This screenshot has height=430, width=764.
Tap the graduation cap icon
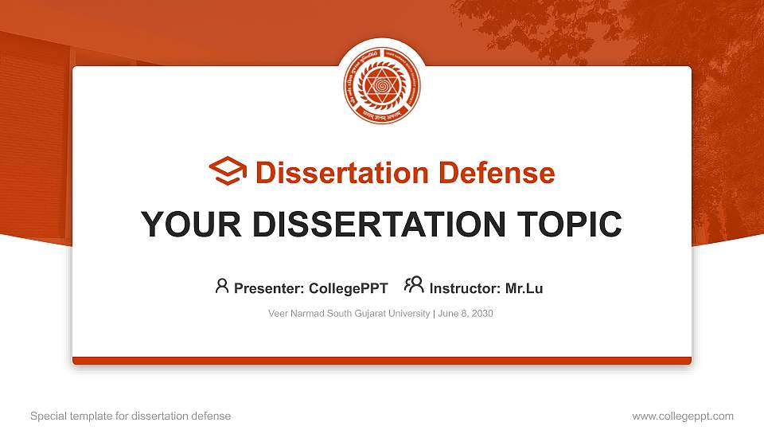coord(228,172)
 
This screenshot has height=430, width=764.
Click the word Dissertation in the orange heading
coord(333,173)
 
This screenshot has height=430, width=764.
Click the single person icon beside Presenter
coord(222,286)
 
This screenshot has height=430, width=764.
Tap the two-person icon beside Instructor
coord(414,285)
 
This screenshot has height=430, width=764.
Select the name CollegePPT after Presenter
coord(350,289)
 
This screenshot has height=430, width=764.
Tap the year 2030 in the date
coord(481,314)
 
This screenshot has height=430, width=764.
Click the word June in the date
coord(446,314)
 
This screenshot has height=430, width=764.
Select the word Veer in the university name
coord(279,314)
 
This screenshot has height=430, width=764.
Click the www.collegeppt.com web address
coord(683,416)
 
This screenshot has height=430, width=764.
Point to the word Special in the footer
coord(47,416)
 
